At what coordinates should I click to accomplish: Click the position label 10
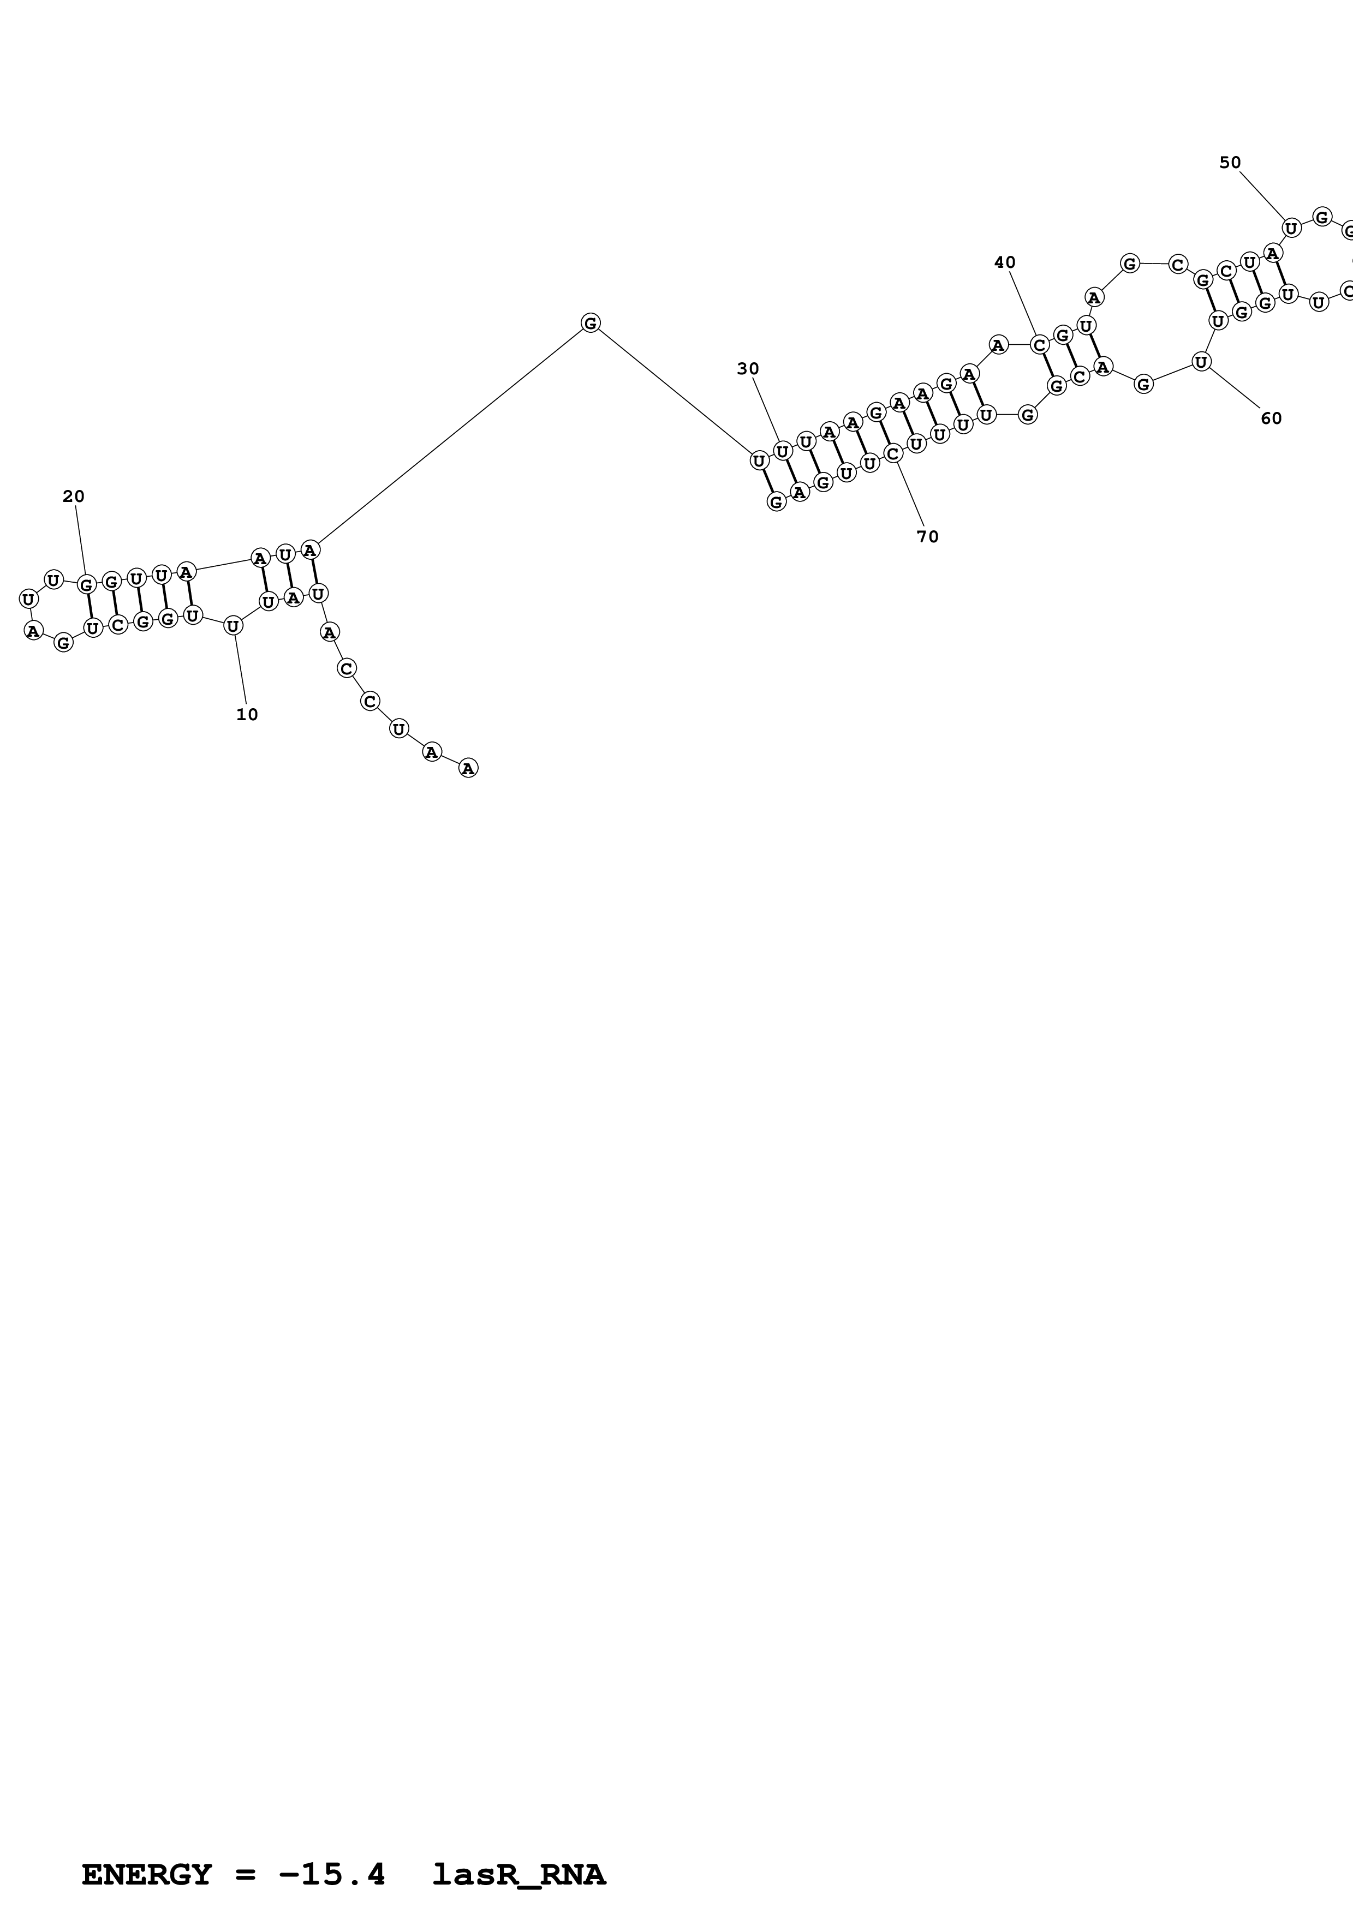(x=247, y=714)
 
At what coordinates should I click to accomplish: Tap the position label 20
(x=73, y=497)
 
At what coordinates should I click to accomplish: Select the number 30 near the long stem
(x=748, y=369)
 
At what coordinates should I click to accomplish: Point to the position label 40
(x=1005, y=262)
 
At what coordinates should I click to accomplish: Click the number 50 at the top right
(x=1230, y=163)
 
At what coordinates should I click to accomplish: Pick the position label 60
(x=1271, y=418)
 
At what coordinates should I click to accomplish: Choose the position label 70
(x=927, y=537)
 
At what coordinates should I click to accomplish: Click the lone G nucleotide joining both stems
(x=590, y=322)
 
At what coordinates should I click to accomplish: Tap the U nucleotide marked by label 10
(x=234, y=625)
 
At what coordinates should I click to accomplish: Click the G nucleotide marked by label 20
(x=86, y=584)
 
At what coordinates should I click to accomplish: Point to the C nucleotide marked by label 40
(x=1039, y=344)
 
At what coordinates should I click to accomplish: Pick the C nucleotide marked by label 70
(x=892, y=453)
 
